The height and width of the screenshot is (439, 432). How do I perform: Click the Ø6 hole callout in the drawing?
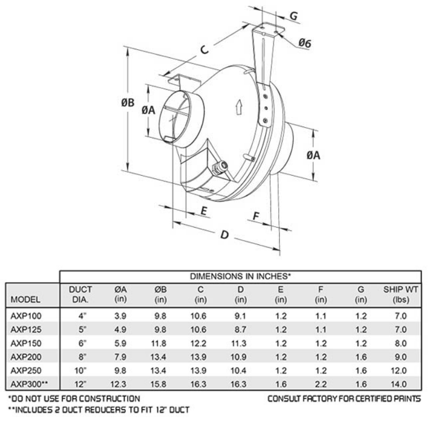305,43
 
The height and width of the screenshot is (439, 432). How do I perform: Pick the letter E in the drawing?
204,211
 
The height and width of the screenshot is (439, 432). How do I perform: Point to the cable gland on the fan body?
220,166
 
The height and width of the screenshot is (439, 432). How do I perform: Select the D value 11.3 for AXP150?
241,343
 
